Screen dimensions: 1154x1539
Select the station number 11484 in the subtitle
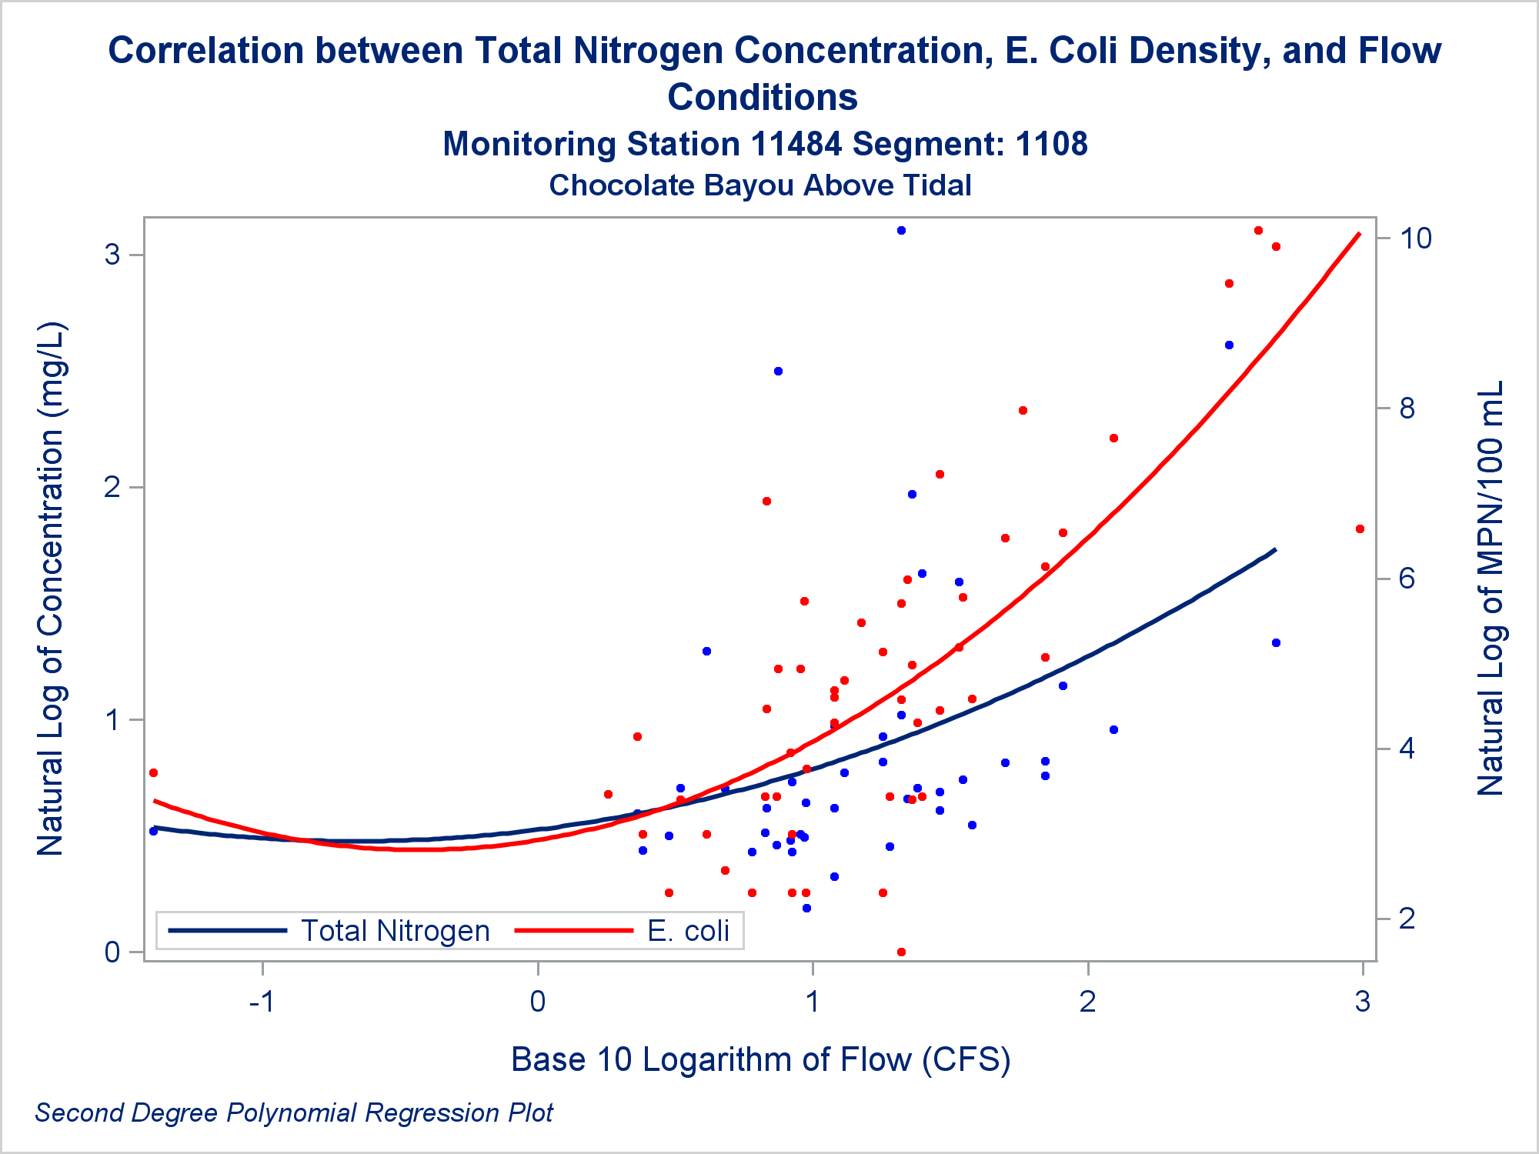pos(795,145)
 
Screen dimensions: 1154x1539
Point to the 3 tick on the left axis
pos(113,255)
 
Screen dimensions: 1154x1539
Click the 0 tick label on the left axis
pos(113,952)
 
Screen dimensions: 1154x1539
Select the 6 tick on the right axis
pos(1407,579)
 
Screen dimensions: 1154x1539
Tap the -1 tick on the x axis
pos(262,1002)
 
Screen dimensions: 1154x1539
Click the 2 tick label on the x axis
pos(1087,1002)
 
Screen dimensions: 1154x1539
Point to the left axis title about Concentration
pos(52,589)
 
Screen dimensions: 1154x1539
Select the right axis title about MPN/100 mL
pos(1490,589)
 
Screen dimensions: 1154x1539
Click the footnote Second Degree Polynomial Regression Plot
pos(294,1113)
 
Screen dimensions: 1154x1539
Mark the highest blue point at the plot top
pos(901,230)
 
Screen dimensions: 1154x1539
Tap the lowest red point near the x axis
pos(901,952)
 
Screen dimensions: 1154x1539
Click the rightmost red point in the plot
pos(1360,529)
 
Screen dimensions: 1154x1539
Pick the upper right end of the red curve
pos(1359,233)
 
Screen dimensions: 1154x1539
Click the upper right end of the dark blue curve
pos(1275,549)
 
